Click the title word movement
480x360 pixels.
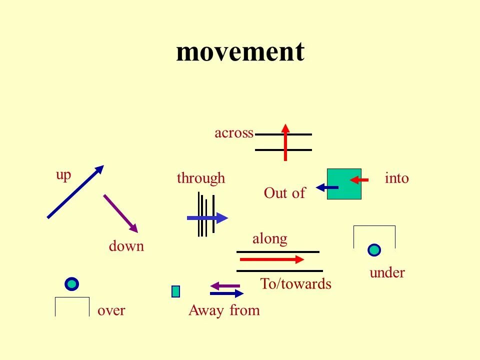[240, 51]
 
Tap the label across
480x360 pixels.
[233, 133]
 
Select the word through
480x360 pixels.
[201, 178]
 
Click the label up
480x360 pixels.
[63, 175]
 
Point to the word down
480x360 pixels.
[126, 246]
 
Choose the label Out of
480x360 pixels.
[284, 193]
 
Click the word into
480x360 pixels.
[397, 178]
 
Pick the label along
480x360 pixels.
[269, 238]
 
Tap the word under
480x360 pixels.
[387, 272]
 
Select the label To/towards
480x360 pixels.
[295, 284]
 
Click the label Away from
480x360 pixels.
[224, 310]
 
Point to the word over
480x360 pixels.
[111, 310]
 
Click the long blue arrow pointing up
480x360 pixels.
[75, 191]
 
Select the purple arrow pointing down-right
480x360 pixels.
[120, 213]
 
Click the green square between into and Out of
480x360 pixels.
[344, 184]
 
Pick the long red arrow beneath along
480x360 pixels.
[272, 259]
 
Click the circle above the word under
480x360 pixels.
[374, 249]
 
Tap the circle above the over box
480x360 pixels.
[72, 284]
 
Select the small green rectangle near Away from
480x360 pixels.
[175, 291]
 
